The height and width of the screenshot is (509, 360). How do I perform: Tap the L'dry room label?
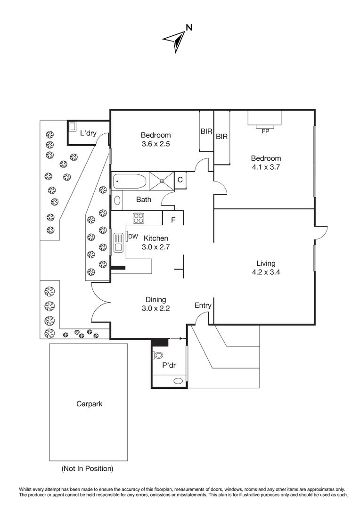pos(88,133)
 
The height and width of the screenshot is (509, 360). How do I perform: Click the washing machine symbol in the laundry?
pos(73,127)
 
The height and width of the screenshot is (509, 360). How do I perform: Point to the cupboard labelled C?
pos(180,180)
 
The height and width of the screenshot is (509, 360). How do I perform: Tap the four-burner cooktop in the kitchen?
pos(139,218)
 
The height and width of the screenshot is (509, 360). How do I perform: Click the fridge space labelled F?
pos(173,220)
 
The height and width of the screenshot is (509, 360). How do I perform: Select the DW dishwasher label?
pos(133,236)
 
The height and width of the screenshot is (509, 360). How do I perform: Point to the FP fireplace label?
pos(265,131)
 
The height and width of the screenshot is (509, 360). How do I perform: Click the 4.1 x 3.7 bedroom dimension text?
pos(266,167)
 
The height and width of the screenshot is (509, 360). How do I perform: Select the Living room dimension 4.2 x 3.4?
pos(266,272)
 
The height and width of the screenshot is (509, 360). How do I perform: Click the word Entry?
pos(203,305)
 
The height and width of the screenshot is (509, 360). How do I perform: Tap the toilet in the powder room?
pos(157,355)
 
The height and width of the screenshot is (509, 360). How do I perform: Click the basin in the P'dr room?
pos(178,381)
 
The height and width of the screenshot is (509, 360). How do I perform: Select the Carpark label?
pos(89,404)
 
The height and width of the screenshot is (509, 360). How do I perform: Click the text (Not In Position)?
pos(87,468)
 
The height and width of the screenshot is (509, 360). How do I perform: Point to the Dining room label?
pos(155,300)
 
